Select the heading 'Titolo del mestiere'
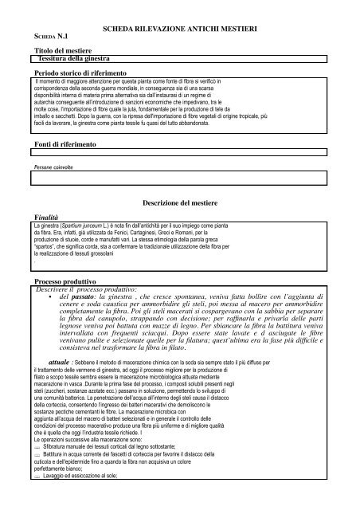57,50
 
